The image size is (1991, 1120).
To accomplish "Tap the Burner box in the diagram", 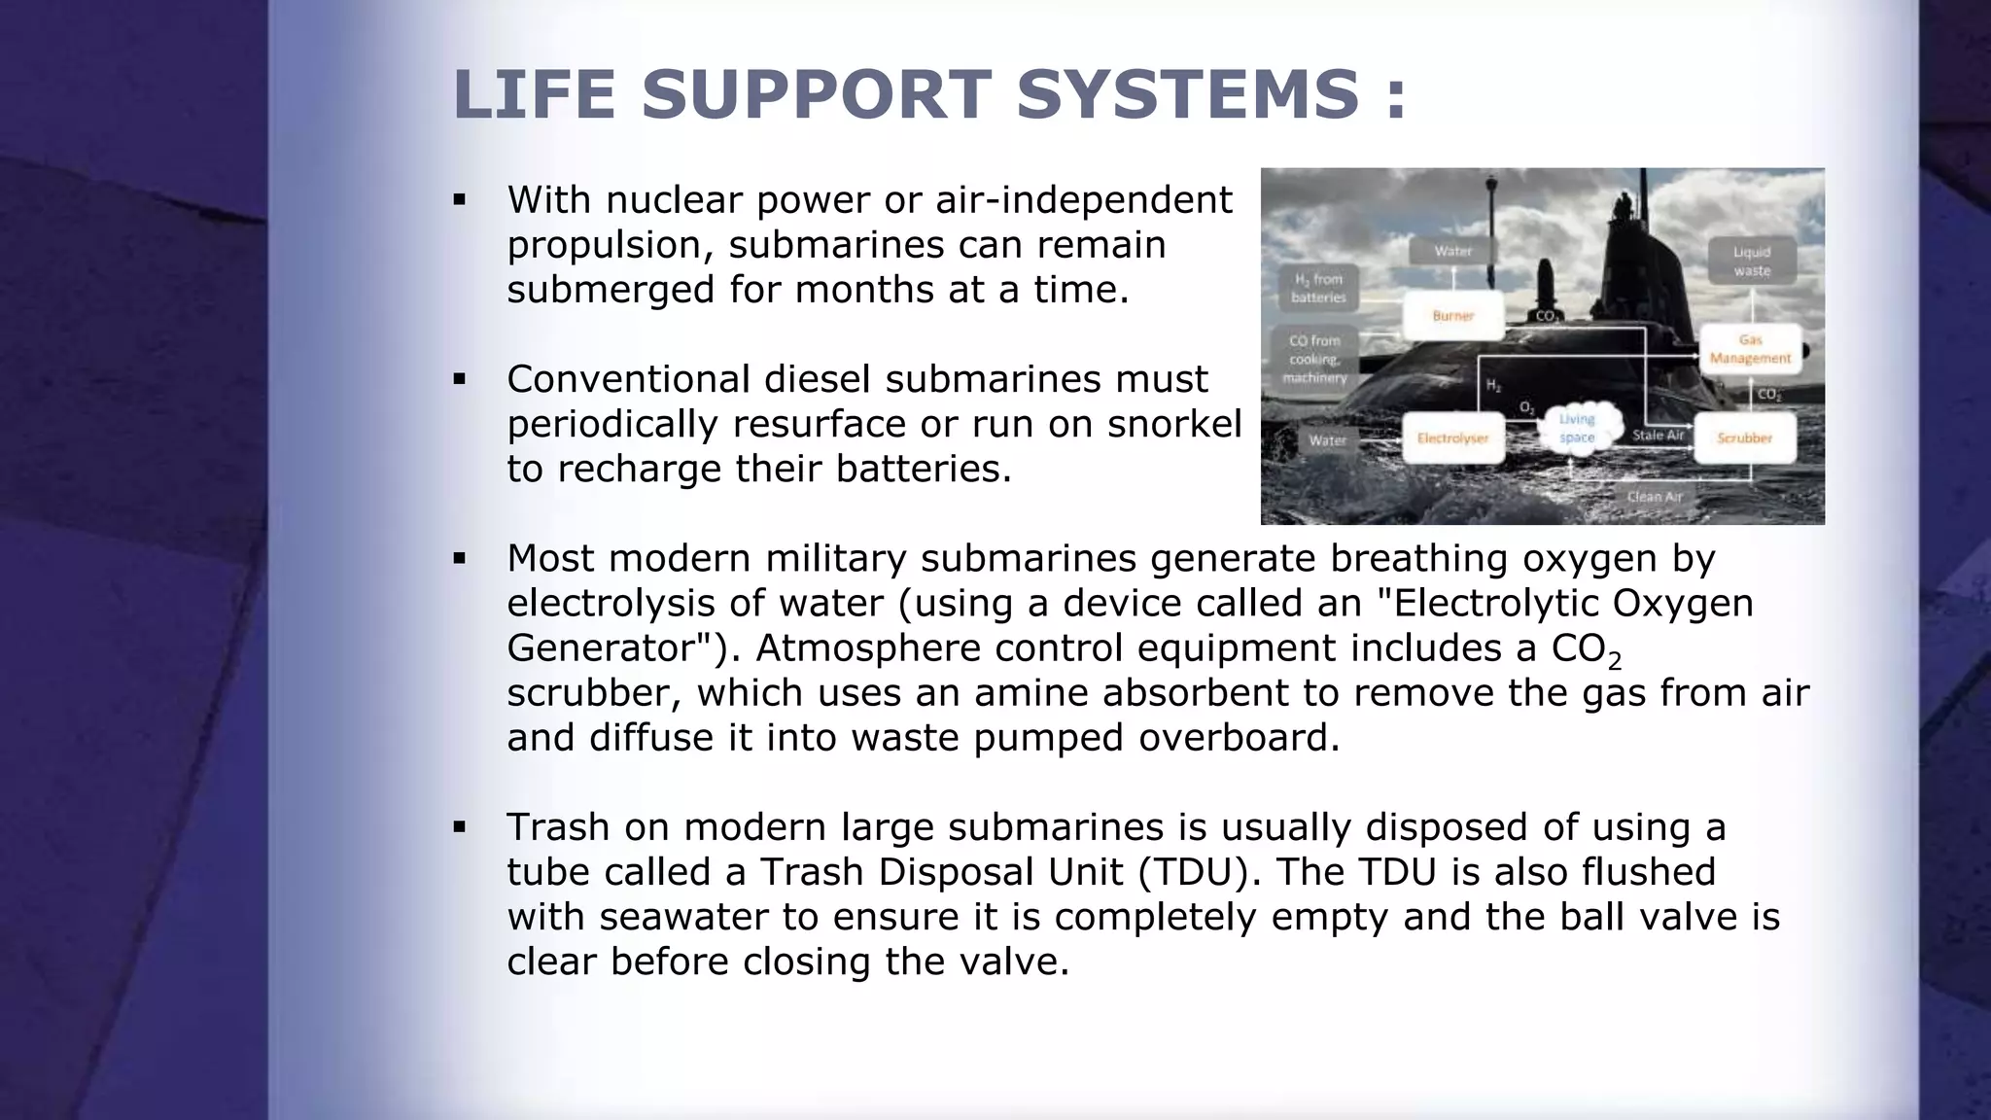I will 1453,316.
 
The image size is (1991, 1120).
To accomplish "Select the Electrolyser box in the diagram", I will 1452,438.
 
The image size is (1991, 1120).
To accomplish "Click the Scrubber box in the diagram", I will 1744,438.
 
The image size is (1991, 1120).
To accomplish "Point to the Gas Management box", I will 1750,349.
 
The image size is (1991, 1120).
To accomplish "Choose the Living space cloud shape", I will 1577,429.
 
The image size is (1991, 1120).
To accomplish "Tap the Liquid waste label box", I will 1752,262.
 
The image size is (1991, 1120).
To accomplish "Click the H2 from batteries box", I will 1318,289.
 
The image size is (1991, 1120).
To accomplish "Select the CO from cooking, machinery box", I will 1314,359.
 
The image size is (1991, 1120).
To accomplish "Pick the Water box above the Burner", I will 1453,251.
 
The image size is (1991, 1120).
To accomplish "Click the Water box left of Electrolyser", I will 1327,440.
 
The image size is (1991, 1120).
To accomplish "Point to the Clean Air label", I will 1655,497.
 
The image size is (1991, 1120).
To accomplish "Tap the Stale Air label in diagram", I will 1658,436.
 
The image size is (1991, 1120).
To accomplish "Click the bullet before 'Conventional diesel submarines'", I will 460,379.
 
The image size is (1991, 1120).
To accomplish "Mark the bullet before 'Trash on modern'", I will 460,827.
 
